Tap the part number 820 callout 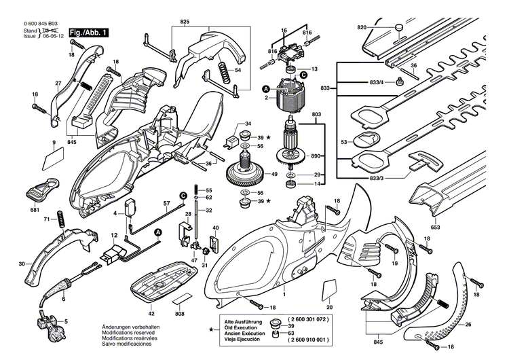(x=362, y=27)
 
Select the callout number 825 (x=185, y=22)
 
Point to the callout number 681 (x=34, y=211)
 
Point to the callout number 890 (x=316, y=156)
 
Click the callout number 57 (x=166, y=203)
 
